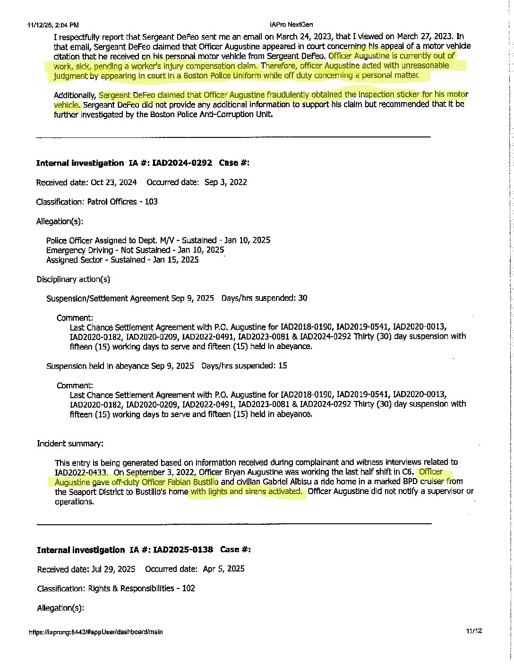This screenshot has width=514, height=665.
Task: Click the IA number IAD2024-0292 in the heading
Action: (182, 163)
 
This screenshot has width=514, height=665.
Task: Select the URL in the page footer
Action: (95, 632)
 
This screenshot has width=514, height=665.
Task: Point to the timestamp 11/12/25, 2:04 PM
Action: (53, 25)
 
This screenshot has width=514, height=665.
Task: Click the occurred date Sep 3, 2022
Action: (225, 182)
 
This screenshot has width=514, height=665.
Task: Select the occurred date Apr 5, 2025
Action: (223, 569)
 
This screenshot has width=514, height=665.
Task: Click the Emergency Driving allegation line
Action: (135, 250)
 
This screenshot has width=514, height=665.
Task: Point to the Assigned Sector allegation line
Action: (122, 260)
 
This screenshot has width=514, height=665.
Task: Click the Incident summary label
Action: (70, 443)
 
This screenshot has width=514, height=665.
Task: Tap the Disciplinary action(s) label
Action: (73, 279)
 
